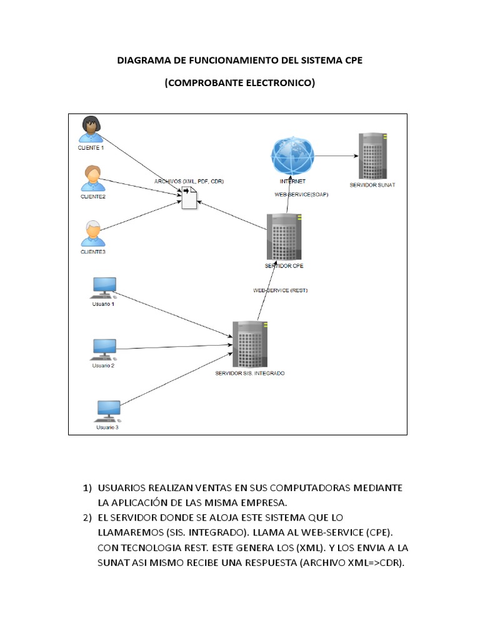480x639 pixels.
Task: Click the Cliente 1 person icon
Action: tap(91, 129)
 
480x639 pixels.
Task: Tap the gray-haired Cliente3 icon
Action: tap(92, 233)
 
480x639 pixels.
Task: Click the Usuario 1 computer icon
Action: tap(104, 287)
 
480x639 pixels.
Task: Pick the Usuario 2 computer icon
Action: tap(104, 349)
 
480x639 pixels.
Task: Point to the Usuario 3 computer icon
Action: tap(107, 411)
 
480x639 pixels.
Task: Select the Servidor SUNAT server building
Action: tap(372, 156)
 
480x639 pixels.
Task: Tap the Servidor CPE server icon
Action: tap(284, 237)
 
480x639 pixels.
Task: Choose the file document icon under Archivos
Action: tap(189, 198)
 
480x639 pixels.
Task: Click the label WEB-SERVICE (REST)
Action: tap(280, 291)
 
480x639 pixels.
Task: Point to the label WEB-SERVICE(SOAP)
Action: tap(302, 195)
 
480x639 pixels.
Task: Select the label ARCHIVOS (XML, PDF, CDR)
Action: tap(189, 181)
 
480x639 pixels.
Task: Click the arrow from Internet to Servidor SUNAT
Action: tap(334, 155)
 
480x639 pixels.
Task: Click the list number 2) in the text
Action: tap(87, 517)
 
